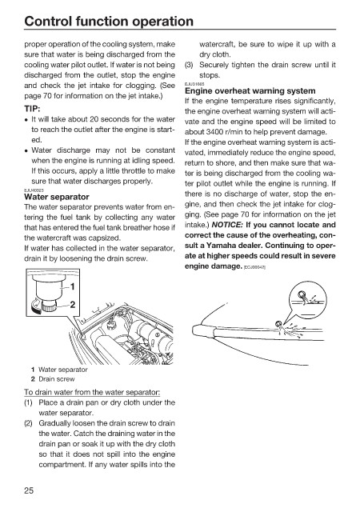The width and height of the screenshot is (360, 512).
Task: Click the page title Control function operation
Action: (x=109, y=22)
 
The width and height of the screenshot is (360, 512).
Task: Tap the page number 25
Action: (x=29, y=490)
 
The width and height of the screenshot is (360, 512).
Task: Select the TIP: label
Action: (x=32, y=109)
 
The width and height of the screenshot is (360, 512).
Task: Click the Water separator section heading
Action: (x=57, y=197)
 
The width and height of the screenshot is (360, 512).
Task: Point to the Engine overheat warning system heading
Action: (x=250, y=90)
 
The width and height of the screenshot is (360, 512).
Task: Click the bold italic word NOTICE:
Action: (x=227, y=225)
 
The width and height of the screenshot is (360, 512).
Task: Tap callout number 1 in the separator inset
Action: (x=73, y=286)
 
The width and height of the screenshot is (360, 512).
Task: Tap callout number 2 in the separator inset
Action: (x=73, y=304)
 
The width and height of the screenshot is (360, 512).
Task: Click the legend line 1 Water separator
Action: (x=59, y=370)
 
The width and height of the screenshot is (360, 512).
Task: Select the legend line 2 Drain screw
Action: (x=53, y=379)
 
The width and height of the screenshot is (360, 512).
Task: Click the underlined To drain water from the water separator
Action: (x=92, y=392)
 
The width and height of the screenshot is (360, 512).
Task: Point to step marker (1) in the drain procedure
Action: (x=29, y=402)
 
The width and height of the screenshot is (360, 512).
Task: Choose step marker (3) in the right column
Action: (x=189, y=65)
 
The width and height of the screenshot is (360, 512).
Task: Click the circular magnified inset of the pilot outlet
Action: (x=308, y=301)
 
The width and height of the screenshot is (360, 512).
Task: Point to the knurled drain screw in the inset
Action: (x=50, y=306)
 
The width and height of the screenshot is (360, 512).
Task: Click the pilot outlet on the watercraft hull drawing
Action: (x=278, y=324)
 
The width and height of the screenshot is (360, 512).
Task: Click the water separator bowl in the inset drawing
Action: (x=49, y=289)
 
